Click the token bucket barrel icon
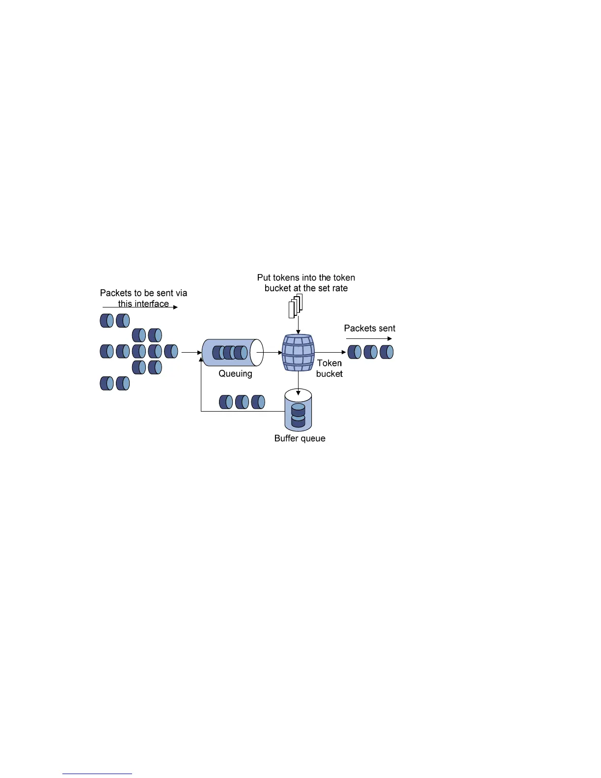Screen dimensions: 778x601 click(x=298, y=353)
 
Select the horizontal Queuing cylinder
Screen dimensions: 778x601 click(x=232, y=352)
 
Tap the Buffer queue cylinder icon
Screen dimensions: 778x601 click(x=298, y=410)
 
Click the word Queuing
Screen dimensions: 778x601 click(x=235, y=374)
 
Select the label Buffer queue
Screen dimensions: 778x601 click(x=300, y=438)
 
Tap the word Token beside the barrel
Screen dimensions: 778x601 click(x=329, y=363)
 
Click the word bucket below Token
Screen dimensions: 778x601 click(x=329, y=374)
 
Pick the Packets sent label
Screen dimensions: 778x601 click(x=369, y=328)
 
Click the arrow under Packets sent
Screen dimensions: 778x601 click(x=369, y=338)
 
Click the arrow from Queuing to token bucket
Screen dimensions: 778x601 click(x=270, y=352)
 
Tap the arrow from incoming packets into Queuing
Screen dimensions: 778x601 click(x=191, y=352)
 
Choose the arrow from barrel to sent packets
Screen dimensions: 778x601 click(x=330, y=352)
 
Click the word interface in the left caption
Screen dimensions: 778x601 click(x=151, y=304)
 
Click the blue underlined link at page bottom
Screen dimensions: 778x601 click(x=97, y=774)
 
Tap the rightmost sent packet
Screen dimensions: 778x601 click(x=387, y=352)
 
